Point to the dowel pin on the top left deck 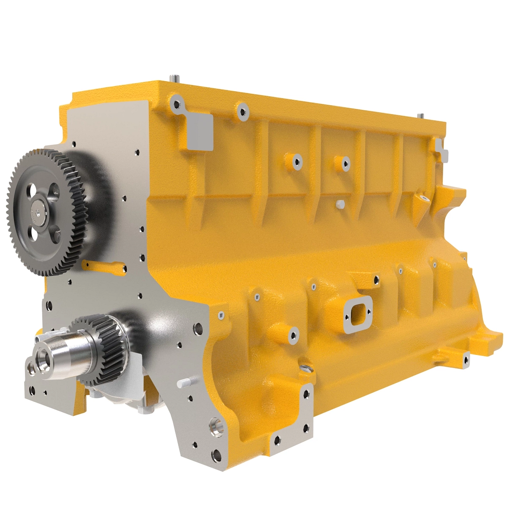[174, 78]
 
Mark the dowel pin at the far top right [421, 116]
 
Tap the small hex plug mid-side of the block [339, 204]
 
